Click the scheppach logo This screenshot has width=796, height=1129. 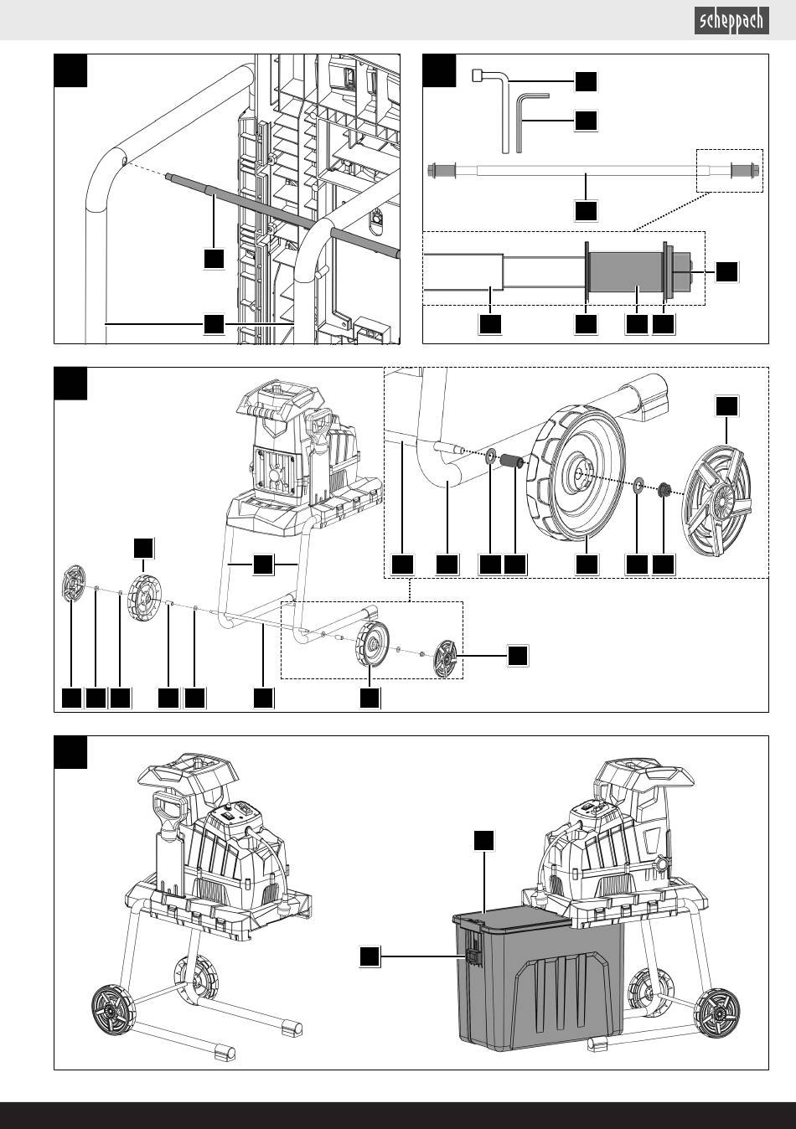click(731, 21)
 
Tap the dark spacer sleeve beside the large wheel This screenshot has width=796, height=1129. click(509, 461)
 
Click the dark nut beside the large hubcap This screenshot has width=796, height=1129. click(664, 489)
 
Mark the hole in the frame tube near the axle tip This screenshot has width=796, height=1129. click(124, 162)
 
